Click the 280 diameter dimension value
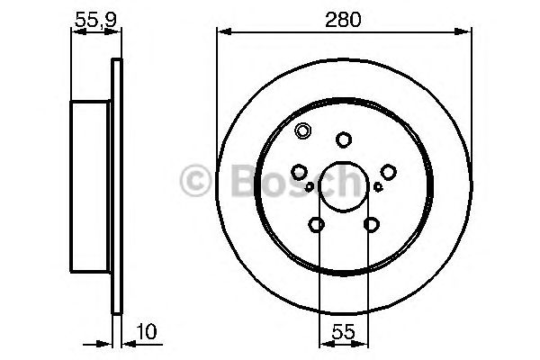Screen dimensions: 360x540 click(x=343, y=19)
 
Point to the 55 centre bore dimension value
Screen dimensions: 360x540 click(x=342, y=332)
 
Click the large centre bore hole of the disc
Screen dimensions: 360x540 click(x=342, y=186)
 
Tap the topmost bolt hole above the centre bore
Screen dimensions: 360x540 click(x=342, y=139)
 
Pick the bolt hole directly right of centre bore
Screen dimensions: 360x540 click(x=387, y=172)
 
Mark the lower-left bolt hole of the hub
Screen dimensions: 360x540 click(x=315, y=224)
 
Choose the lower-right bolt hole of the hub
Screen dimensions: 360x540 click(x=370, y=224)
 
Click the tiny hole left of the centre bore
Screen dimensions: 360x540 click(x=310, y=187)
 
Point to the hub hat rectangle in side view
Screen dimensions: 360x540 click(x=91, y=186)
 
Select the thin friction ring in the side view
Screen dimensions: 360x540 click(x=114, y=186)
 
